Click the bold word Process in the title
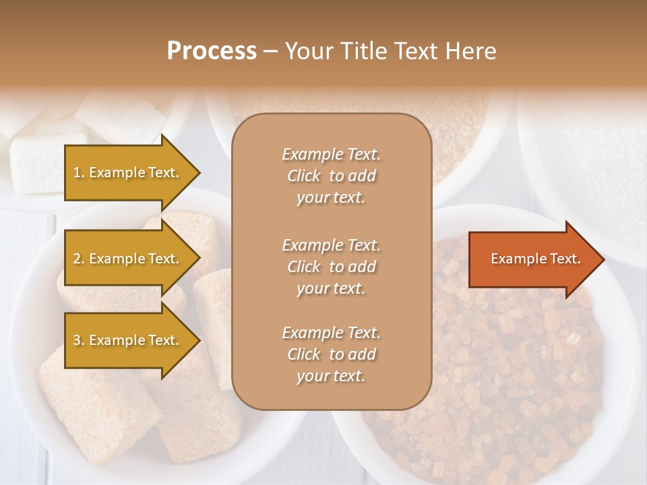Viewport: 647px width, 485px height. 212,51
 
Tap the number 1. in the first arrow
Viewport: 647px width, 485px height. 79,172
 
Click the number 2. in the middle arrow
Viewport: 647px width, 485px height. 79,259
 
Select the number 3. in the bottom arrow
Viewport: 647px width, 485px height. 79,340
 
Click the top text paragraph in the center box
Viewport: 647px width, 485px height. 331,176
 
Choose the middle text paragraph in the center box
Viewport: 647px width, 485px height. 331,267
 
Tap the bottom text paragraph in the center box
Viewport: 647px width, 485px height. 331,354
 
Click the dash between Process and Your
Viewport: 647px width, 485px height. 270,52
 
